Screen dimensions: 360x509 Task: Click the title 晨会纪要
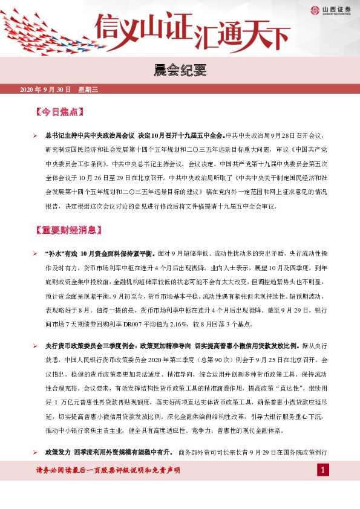pos(180,70)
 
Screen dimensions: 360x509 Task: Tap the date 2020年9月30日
pos(46,90)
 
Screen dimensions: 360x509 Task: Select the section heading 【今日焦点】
pos(59,112)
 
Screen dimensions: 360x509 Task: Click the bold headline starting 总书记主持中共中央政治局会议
pos(134,136)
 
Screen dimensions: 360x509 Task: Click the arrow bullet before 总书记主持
pos(35,136)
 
